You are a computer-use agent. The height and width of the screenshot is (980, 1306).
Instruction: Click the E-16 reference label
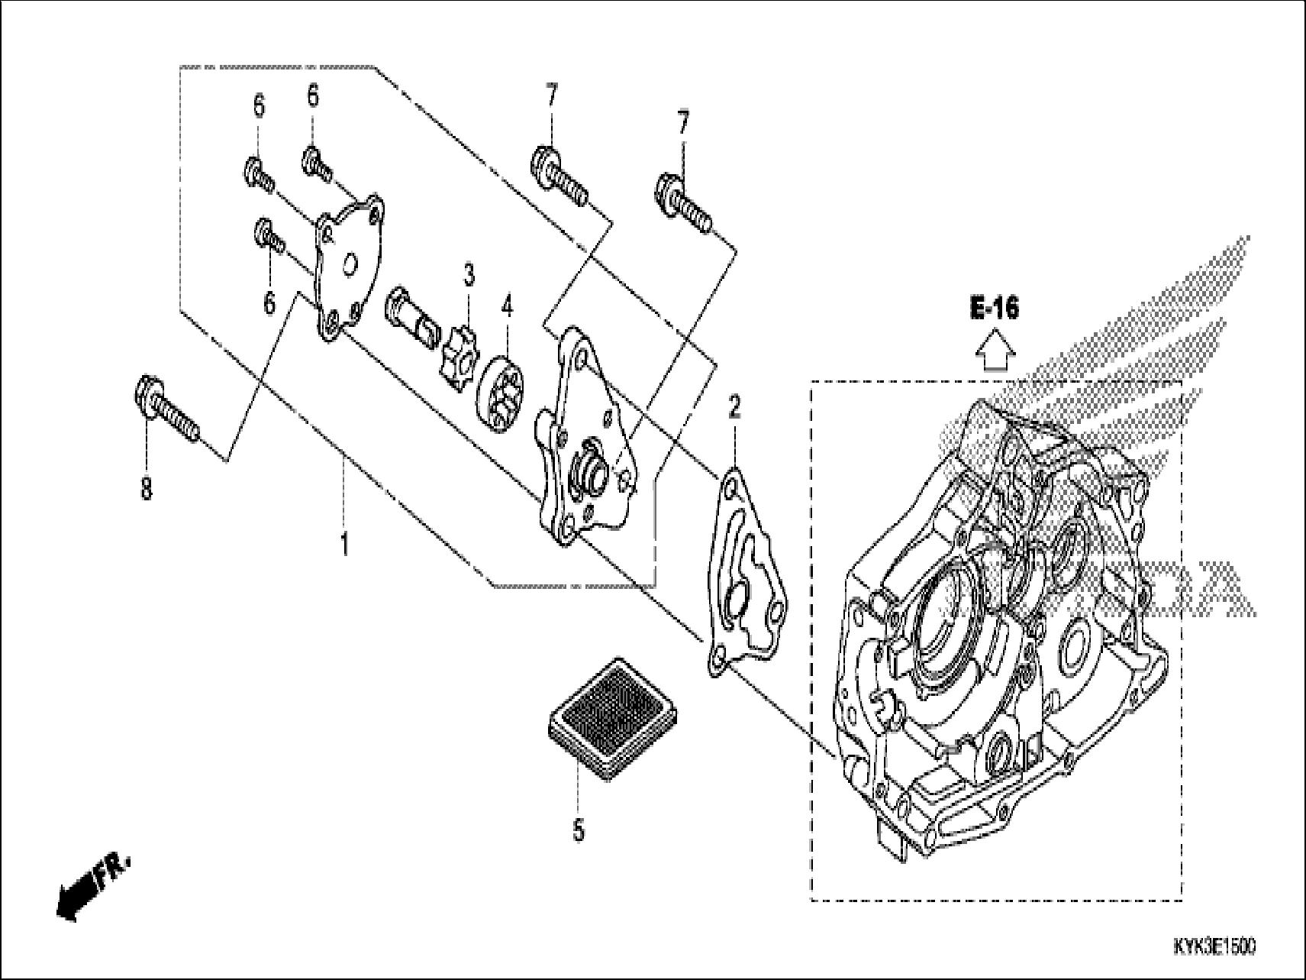click(995, 309)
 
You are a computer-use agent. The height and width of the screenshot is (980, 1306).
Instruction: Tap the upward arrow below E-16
click(995, 352)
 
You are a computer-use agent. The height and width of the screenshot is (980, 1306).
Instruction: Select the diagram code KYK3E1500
click(1213, 947)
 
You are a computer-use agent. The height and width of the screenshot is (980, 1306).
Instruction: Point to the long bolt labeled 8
click(169, 412)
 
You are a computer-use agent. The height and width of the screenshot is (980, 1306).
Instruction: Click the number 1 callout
click(344, 545)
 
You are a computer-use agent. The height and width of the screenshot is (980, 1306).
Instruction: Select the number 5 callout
click(579, 829)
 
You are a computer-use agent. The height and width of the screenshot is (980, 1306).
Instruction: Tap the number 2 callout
click(734, 408)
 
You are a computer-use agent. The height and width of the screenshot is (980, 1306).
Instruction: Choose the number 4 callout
click(507, 308)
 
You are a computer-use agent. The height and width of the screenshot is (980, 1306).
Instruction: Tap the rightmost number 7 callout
click(682, 123)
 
